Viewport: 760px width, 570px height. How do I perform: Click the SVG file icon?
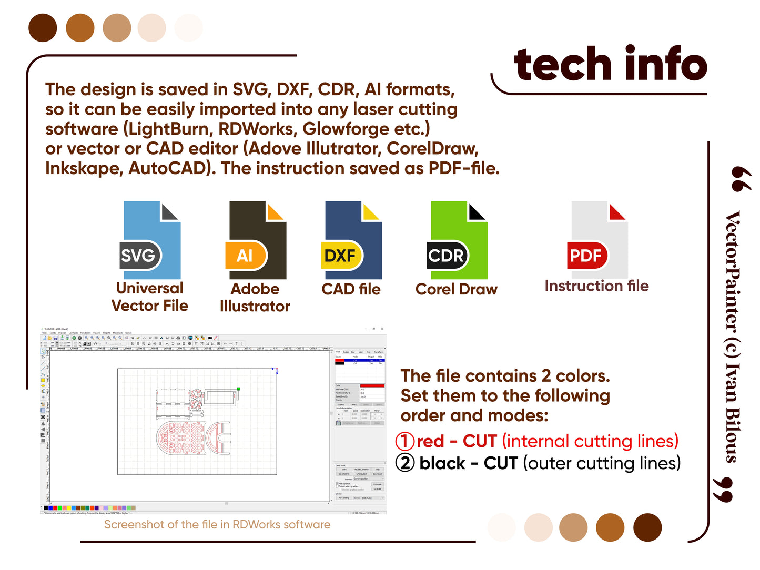click(x=150, y=240)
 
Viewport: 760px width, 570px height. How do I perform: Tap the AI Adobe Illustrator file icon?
click(x=257, y=240)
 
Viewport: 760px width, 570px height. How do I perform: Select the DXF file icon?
click(x=352, y=240)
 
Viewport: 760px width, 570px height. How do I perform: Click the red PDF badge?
click(x=586, y=256)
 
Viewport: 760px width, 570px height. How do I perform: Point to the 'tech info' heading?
click(x=611, y=64)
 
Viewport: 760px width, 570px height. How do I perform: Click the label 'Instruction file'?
click(x=596, y=286)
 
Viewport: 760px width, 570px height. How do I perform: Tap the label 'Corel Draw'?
click(x=456, y=289)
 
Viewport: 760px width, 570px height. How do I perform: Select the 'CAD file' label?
click(x=351, y=289)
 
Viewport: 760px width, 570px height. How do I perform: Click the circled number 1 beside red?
click(x=405, y=441)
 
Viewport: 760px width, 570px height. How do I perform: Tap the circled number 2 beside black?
click(x=405, y=463)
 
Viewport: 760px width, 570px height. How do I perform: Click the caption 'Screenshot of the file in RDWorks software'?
click(x=217, y=525)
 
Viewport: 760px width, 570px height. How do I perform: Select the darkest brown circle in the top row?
click(x=43, y=28)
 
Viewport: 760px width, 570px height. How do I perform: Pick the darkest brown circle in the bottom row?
click(x=647, y=527)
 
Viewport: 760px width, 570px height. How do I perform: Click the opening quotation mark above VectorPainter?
click(x=741, y=179)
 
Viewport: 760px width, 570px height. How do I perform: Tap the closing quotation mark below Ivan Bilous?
click(x=723, y=490)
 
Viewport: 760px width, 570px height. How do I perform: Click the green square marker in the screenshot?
click(x=239, y=389)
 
